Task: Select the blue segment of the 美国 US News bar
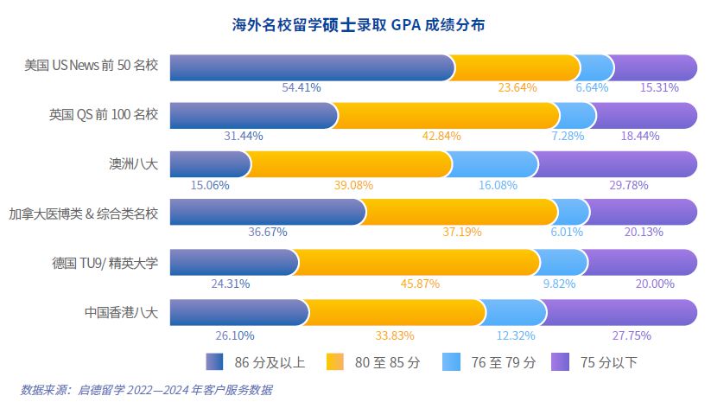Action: tap(311, 67)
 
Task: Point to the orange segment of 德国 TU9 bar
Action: tap(418, 263)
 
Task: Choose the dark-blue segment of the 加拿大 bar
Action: tap(265, 213)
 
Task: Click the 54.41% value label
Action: tap(302, 87)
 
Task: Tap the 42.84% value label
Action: tap(441, 136)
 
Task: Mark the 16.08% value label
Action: tap(498, 184)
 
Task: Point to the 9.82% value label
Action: tap(558, 284)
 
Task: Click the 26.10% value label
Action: tap(232, 335)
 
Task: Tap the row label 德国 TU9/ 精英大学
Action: tap(105, 263)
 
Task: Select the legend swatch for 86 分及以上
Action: tap(215, 361)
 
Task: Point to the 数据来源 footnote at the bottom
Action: tap(146, 390)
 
